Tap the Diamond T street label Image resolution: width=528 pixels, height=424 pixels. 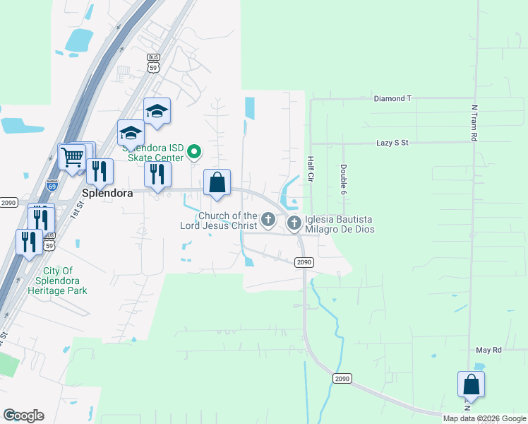pyautogui.click(x=392, y=99)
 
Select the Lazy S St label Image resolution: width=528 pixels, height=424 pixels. pyautogui.click(x=392, y=143)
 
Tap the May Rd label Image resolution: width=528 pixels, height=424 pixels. pyautogui.click(x=488, y=350)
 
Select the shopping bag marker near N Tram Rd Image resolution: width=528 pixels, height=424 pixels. pyautogui.click(x=471, y=384)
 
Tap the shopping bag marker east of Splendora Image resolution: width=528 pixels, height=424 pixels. pyautogui.click(x=217, y=182)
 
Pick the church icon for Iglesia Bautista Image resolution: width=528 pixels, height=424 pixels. pyautogui.click(x=294, y=223)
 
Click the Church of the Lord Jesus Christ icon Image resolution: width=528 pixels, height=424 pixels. pyautogui.click(x=268, y=220)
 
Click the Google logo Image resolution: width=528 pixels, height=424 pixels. pyautogui.click(x=23, y=416)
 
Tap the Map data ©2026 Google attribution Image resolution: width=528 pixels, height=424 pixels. pyautogui.click(x=484, y=418)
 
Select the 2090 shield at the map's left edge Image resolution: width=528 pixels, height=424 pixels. pyautogui.click(x=8, y=203)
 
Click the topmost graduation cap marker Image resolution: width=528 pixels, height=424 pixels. pyautogui.click(x=157, y=111)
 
